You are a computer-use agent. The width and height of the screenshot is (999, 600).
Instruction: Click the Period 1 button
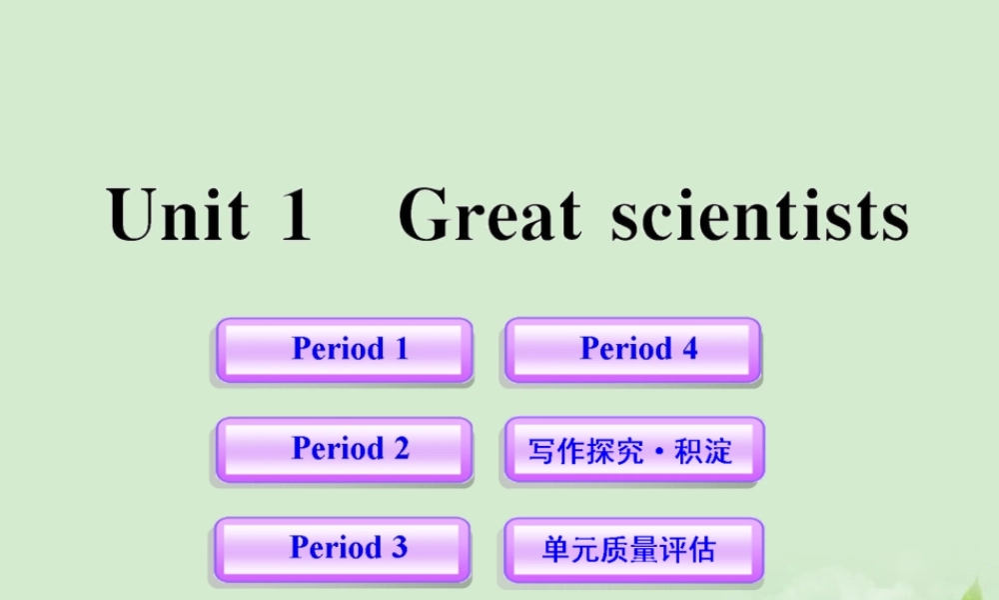pyautogui.click(x=345, y=350)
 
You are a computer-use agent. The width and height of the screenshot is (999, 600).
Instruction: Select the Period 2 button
pyautogui.click(x=345, y=449)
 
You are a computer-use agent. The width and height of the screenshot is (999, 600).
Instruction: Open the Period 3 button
pyautogui.click(x=343, y=548)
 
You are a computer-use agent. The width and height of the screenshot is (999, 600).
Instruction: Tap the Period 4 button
pyautogui.click(x=632, y=350)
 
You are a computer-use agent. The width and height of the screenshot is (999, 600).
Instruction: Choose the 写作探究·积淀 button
pyautogui.click(x=633, y=450)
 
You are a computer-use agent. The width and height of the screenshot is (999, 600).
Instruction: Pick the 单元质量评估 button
pyautogui.click(x=633, y=549)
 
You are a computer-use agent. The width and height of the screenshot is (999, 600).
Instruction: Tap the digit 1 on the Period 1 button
pyautogui.click(x=401, y=349)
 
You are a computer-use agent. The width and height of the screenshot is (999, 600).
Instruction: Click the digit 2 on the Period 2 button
pyautogui.click(x=400, y=448)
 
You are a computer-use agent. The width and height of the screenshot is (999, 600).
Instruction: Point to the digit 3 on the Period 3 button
pyautogui.click(x=399, y=547)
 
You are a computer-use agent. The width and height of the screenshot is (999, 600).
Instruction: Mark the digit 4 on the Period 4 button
pyautogui.click(x=688, y=349)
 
